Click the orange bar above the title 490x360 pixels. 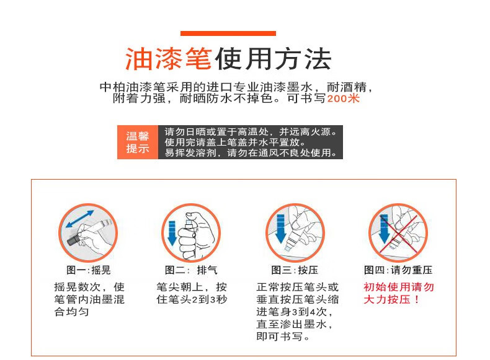tap(228, 33)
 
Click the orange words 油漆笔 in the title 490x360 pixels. tap(169, 59)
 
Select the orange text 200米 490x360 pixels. tap(343, 99)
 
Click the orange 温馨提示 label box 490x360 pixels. tap(138, 142)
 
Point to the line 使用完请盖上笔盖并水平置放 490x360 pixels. tap(234, 142)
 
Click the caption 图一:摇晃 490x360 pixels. tap(89, 270)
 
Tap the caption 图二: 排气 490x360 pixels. tap(191, 270)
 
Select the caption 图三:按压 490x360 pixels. tap(295, 270)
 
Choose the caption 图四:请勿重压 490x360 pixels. tap(398, 270)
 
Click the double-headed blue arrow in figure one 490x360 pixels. tap(80, 219)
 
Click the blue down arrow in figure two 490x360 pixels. tap(172, 233)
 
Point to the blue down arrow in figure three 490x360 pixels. tap(280, 228)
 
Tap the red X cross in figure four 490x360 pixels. tap(398, 233)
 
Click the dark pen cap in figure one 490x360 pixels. tap(74, 240)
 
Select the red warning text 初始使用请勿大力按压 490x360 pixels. tap(398, 293)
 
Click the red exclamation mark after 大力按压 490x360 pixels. tap(417, 299)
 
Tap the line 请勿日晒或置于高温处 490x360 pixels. tap(217, 132)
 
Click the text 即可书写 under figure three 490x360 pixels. tap(279, 336)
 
